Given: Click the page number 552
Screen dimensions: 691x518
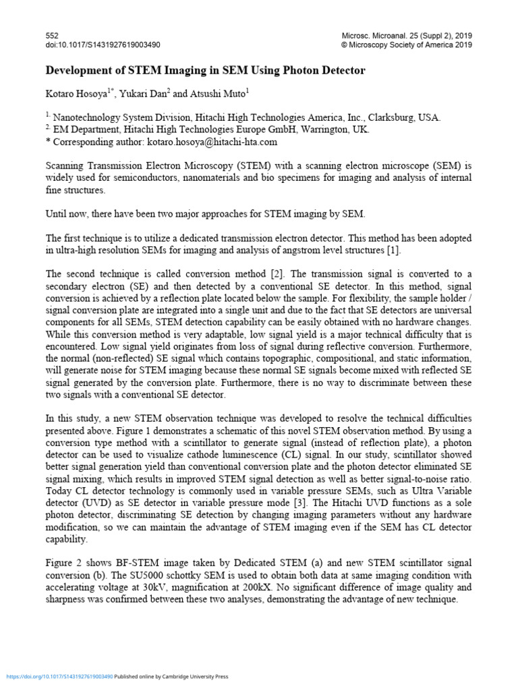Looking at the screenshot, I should point(51,35).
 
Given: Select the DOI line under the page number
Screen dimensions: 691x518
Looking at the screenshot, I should point(103,45).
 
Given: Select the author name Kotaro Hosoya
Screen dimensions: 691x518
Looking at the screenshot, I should point(74,93).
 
